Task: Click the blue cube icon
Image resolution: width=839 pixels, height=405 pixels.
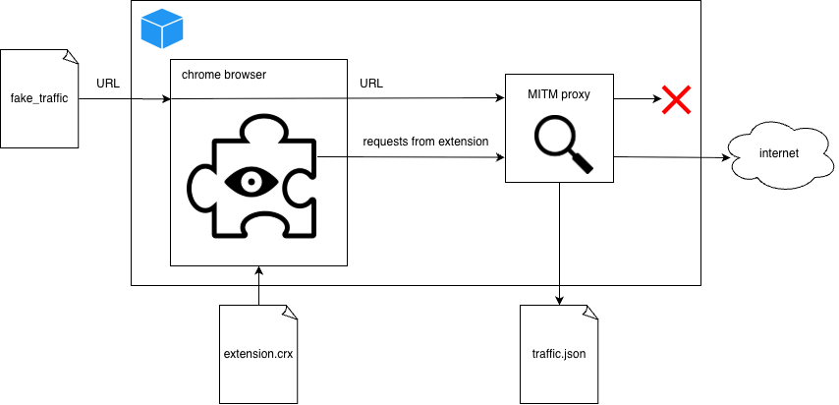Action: tap(162, 29)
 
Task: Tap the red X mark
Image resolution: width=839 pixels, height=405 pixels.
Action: tap(676, 99)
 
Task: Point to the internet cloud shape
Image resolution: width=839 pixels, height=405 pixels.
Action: tap(779, 154)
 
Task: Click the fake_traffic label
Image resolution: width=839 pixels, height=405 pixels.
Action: tap(39, 99)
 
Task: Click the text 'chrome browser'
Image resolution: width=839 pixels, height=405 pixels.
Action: tap(224, 75)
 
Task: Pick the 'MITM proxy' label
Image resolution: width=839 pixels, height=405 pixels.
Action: tap(559, 95)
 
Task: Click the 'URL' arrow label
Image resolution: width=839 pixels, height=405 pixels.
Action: tap(371, 84)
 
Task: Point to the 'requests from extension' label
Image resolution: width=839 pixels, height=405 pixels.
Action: tap(425, 142)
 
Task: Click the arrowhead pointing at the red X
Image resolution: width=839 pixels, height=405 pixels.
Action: tap(653, 99)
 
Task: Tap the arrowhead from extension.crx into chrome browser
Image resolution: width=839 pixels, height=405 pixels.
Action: tap(258, 271)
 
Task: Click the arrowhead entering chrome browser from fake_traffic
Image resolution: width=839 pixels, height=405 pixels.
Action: tap(165, 99)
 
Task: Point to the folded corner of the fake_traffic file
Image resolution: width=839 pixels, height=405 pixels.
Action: tap(71, 57)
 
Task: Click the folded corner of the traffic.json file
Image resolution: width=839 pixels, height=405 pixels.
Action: tap(590, 312)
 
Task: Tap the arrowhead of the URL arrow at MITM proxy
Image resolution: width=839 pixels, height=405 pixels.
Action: tap(499, 98)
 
